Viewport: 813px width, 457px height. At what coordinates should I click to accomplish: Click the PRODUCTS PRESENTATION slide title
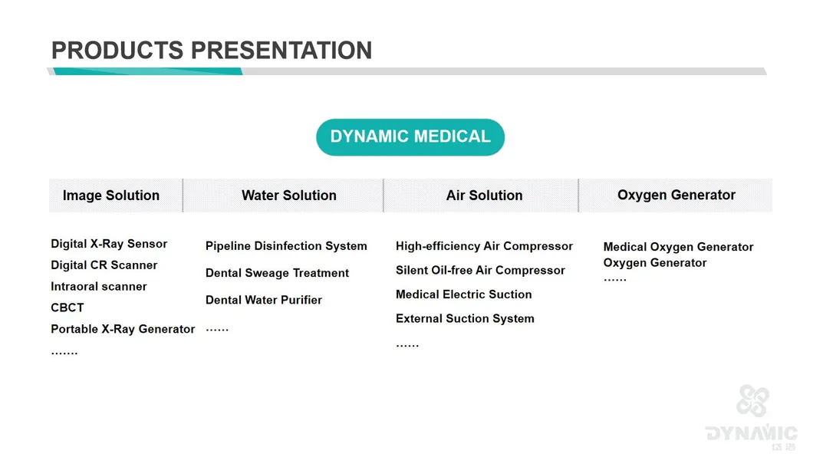pyautogui.click(x=212, y=51)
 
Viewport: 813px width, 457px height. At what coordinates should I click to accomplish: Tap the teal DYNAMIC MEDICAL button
pyautogui.click(x=410, y=136)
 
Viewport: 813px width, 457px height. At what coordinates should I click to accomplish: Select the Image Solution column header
pyautogui.click(x=111, y=196)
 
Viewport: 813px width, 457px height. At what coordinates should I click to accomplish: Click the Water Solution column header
pyautogui.click(x=289, y=196)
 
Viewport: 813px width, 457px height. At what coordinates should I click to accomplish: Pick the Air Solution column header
pyautogui.click(x=484, y=196)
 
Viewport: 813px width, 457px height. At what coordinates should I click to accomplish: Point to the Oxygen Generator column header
pyautogui.click(x=676, y=195)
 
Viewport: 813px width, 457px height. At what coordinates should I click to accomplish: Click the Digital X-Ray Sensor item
pyautogui.click(x=109, y=244)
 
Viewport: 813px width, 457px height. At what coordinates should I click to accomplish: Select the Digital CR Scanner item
pyautogui.click(x=104, y=265)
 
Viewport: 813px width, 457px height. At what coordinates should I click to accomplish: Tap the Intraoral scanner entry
pyautogui.click(x=98, y=287)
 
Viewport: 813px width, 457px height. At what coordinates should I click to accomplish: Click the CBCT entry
pyautogui.click(x=67, y=307)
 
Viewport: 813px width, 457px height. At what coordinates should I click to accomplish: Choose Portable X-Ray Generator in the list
pyautogui.click(x=123, y=329)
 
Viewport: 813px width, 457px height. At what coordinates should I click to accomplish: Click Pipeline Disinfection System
pyautogui.click(x=286, y=246)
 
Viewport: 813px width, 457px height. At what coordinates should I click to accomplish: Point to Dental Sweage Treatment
pyautogui.click(x=278, y=273)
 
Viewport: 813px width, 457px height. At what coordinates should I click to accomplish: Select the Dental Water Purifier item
pyautogui.click(x=264, y=300)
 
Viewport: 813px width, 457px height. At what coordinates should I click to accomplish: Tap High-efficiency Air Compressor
pyautogui.click(x=484, y=246)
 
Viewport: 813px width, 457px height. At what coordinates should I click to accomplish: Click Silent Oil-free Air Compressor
pyautogui.click(x=480, y=271)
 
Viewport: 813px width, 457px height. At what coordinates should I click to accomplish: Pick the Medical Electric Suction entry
pyautogui.click(x=463, y=294)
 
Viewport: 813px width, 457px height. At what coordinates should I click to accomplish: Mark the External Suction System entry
pyautogui.click(x=465, y=319)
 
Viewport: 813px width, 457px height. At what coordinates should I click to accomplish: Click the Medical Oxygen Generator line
pyautogui.click(x=678, y=247)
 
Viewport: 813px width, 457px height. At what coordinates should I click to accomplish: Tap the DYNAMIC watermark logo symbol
pyautogui.click(x=753, y=400)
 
